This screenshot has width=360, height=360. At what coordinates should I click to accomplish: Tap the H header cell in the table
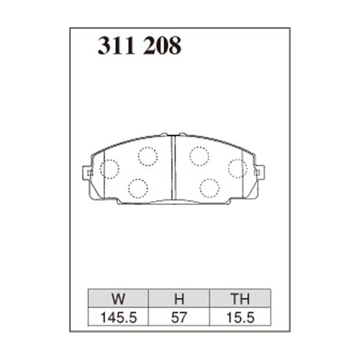click(x=178, y=298)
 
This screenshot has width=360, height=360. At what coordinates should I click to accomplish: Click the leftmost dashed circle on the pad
click(x=109, y=168)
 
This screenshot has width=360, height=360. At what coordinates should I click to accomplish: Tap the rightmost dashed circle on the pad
click(x=237, y=167)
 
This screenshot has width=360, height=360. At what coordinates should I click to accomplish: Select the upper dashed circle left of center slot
click(x=147, y=155)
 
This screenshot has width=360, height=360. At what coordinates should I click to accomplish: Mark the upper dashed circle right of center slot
click(x=199, y=155)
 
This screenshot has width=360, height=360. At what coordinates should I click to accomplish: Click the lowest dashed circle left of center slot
click(x=138, y=188)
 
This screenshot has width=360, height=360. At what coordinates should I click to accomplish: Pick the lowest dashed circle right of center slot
click(x=209, y=188)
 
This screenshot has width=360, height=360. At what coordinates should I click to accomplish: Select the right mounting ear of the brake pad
click(x=260, y=171)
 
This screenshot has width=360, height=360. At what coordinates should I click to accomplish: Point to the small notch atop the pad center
click(x=173, y=135)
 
